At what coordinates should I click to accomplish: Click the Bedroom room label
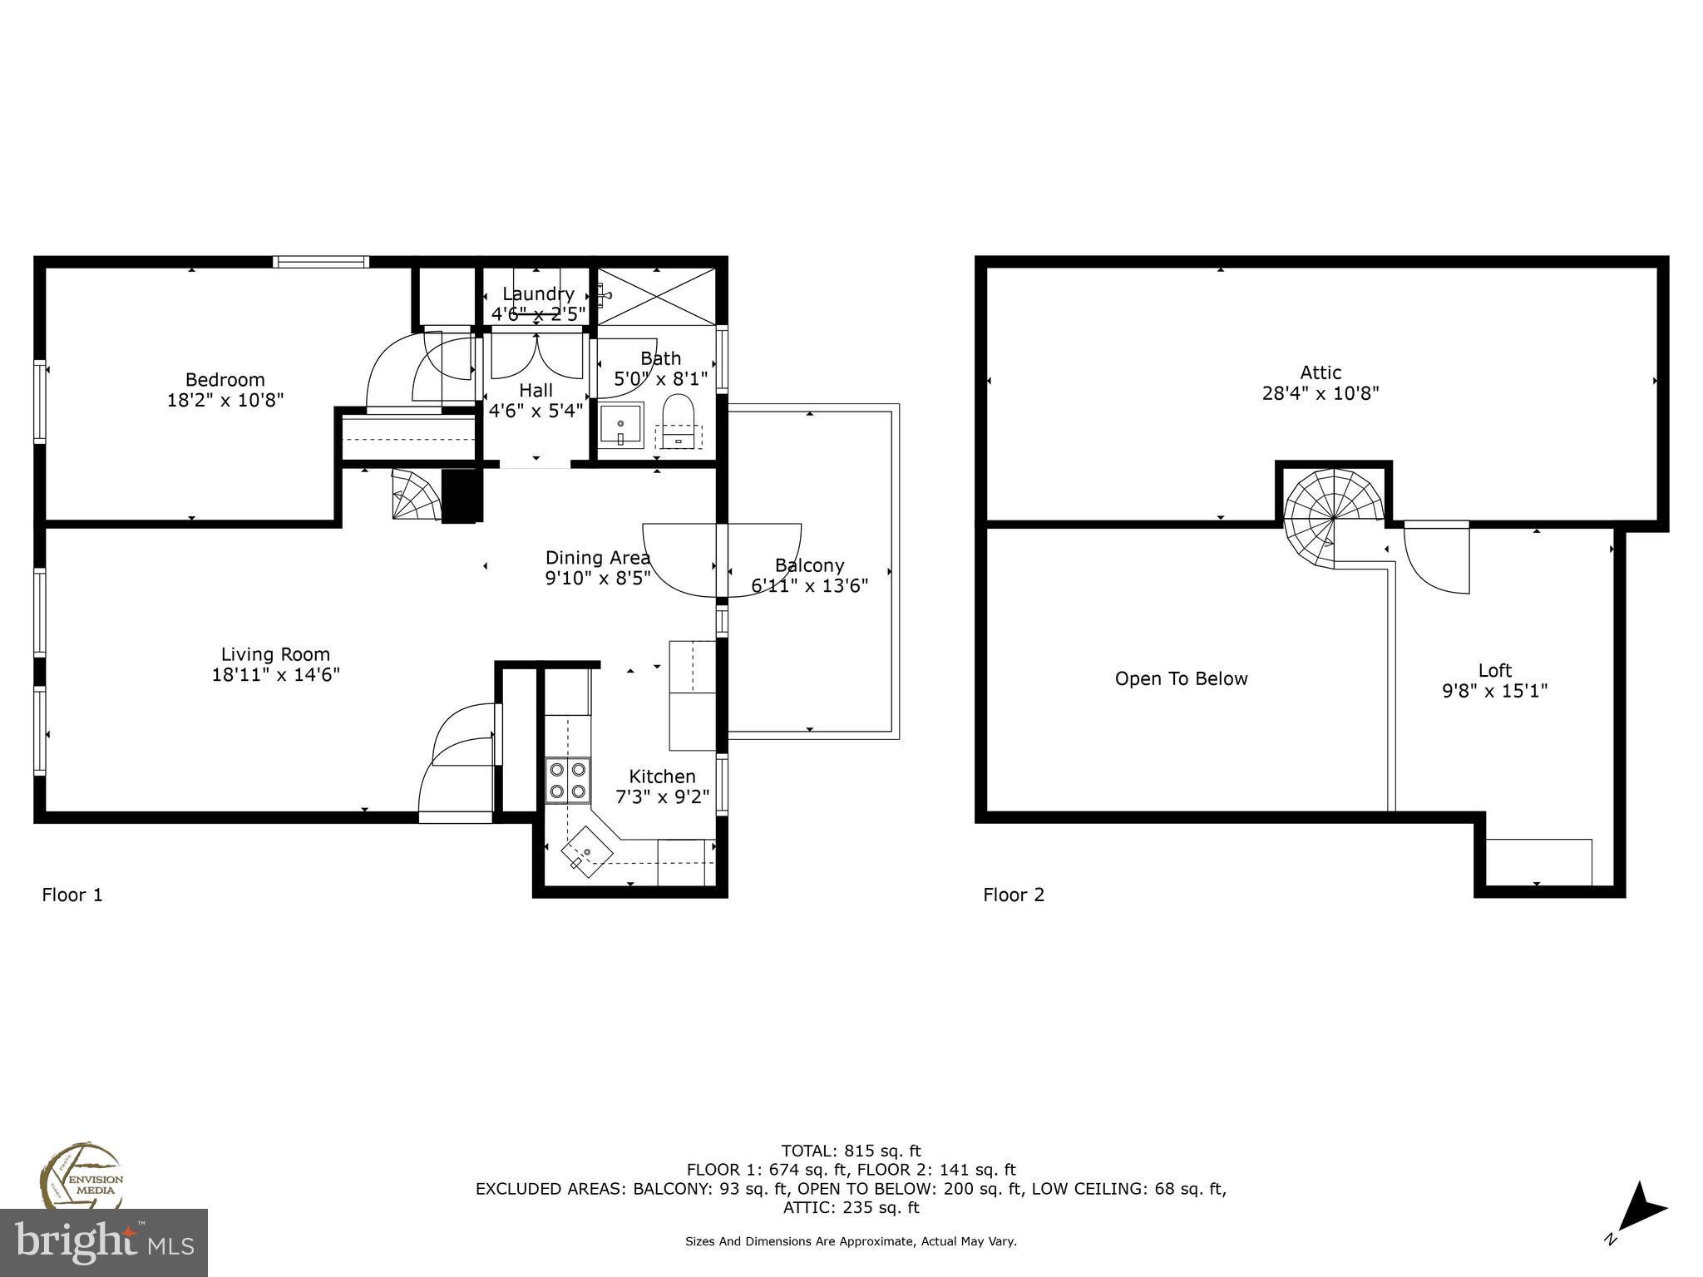tap(225, 380)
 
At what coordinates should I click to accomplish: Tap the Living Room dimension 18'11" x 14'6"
tap(275, 674)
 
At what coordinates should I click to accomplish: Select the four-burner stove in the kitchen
tap(568, 780)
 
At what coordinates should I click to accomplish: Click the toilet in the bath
tap(678, 416)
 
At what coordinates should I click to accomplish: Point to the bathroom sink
tap(620, 426)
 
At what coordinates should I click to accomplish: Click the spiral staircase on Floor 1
tap(417, 495)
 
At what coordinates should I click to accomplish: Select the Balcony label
tap(809, 565)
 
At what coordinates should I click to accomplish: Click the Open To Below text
tap(1181, 678)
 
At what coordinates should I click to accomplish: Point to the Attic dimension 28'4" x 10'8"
tap(1320, 393)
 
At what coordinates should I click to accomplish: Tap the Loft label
tap(1494, 670)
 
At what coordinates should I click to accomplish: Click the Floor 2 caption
tap(1014, 895)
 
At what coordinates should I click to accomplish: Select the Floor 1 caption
tap(72, 895)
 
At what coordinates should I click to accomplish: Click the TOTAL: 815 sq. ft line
tap(851, 1151)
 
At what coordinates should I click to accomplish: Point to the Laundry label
tap(538, 294)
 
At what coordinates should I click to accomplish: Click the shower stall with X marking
tap(657, 296)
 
